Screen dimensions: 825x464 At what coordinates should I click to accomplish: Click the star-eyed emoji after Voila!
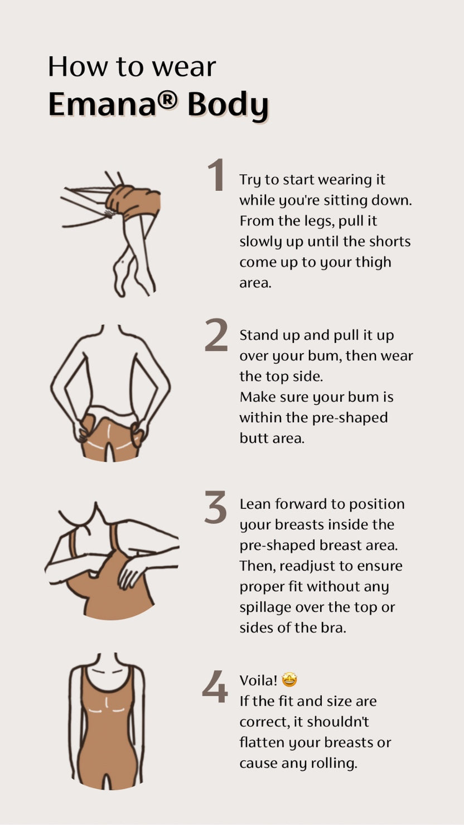[x=289, y=680]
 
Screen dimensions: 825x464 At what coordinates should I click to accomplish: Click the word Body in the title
[x=228, y=105]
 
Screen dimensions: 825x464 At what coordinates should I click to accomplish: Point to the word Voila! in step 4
[x=259, y=681]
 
